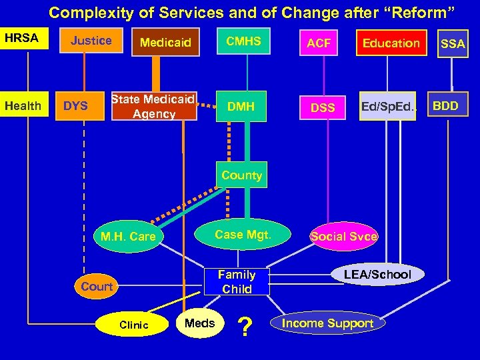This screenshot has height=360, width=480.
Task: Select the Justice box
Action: click(x=91, y=41)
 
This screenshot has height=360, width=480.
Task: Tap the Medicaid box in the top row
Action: click(x=165, y=43)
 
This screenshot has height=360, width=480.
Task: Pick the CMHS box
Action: click(x=243, y=43)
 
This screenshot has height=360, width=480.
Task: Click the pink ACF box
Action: click(x=319, y=43)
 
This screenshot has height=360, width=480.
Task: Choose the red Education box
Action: click(x=391, y=43)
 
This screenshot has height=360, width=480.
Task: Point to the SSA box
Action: click(x=453, y=44)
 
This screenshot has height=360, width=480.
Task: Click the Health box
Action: click(x=23, y=106)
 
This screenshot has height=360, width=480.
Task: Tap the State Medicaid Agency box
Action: click(x=153, y=106)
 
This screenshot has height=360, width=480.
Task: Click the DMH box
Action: click(x=241, y=106)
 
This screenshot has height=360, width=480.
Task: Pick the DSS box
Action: click(x=323, y=107)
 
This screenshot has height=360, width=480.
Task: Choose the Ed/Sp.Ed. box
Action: click(x=387, y=106)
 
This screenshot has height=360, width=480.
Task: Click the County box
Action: click(x=241, y=175)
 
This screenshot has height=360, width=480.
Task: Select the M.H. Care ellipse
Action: click(x=127, y=237)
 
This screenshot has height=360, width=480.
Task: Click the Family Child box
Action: click(x=237, y=281)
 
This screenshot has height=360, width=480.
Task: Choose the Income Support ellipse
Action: click(x=327, y=323)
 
